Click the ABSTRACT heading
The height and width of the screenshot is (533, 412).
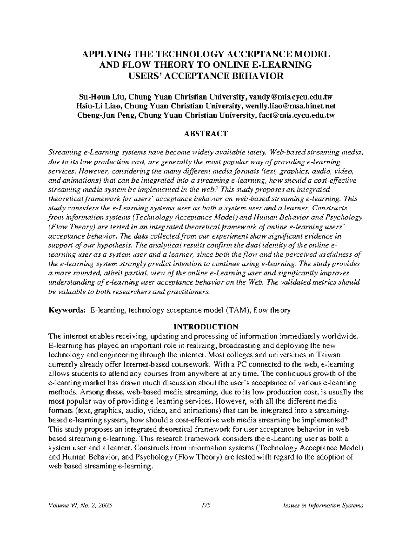(206, 134)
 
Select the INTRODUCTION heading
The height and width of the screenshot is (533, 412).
(206, 326)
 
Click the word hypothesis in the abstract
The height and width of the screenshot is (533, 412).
(116, 245)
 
